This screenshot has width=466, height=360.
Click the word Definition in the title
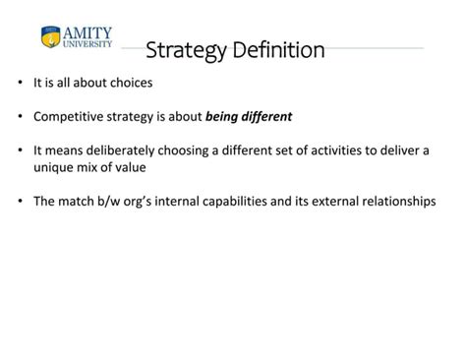pyautogui.click(x=278, y=49)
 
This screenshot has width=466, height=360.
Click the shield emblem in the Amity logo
pyautogui.click(x=50, y=37)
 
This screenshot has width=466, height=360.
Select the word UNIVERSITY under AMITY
pyautogui.click(x=87, y=44)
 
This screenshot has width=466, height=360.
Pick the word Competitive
pyautogui.click(x=68, y=116)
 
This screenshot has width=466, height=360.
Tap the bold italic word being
pyautogui.click(x=223, y=116)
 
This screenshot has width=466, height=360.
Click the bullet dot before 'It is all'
pyautogui.click(x=21, y=83)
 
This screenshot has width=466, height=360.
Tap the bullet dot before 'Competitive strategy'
pyautogui.click(x=21, y=116)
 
